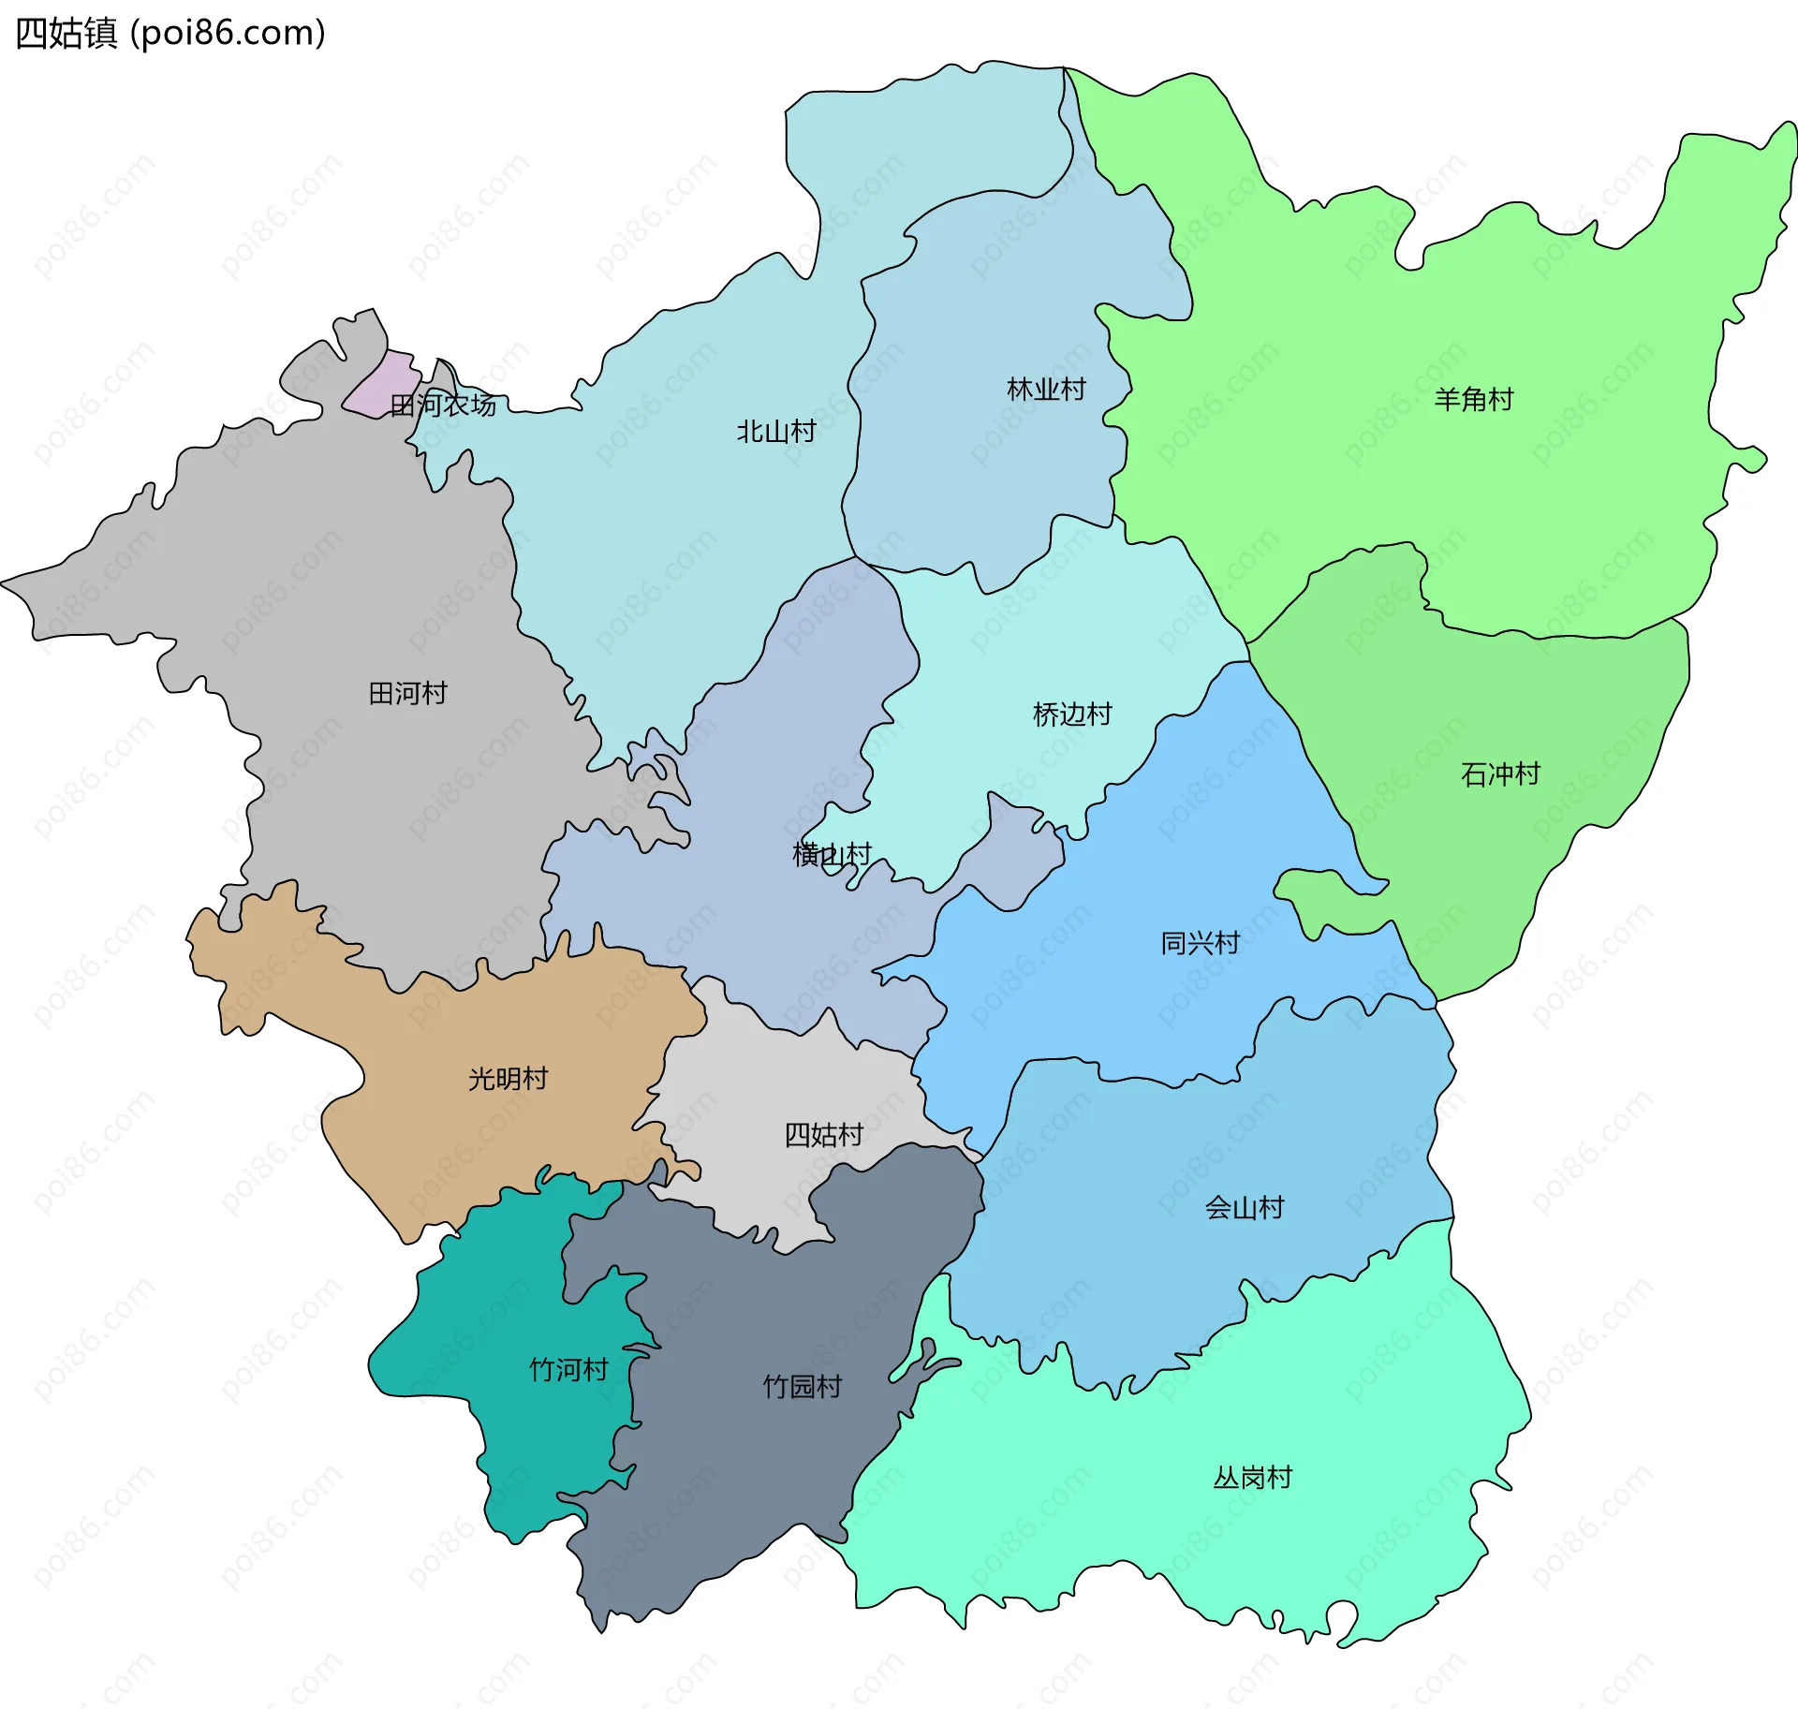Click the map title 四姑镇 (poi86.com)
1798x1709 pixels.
click(x=170, y=33)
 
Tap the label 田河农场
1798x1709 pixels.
click(x=442, y=405)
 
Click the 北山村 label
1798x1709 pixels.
click(x=776, y=432)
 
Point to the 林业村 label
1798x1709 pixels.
click(x=1046, y=390)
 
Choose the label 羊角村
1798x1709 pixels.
click(x=1474, y=400)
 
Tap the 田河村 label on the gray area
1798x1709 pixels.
click(x=407, y=694)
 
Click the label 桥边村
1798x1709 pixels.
click(x=1072, y=715)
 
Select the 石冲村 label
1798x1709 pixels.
click(x=1500, y=774)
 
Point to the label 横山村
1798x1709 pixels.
click(x=832, y=855)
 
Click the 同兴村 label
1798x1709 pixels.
click(x=1201, y=943)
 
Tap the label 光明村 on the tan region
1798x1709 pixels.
click(x=508, y=1079)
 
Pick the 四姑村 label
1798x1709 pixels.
click(x=823, y=1135)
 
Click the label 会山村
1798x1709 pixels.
click(x=1244, y=1208)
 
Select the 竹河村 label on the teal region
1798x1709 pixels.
click(x=568, y=1370)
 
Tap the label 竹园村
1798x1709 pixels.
click(x=803, y=1387)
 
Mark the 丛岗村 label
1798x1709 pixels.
click(x=1253, y=1478)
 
